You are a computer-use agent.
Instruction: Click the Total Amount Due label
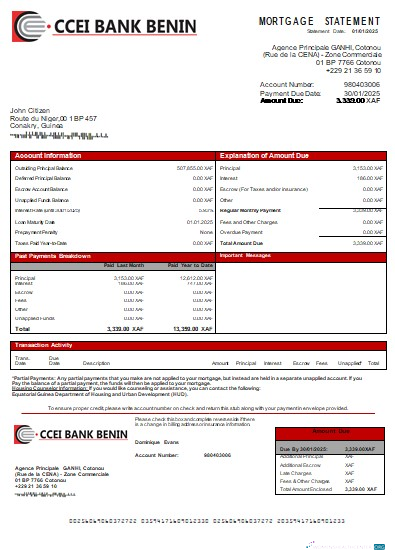[x=241, y=243]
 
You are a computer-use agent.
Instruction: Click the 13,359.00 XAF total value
[x=192, y=328]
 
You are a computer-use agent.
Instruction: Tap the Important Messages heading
[x=245, y=256]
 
